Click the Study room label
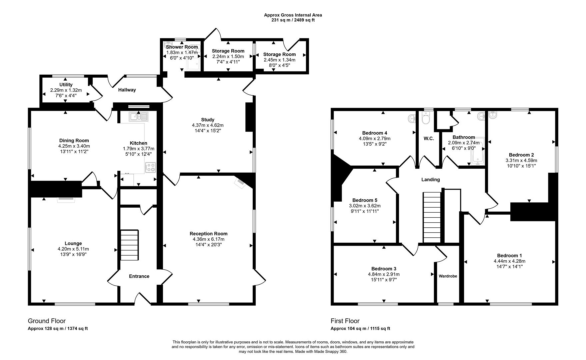[207, 120]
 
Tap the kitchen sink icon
[138, 116]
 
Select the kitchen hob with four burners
[151, 167]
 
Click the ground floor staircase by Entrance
[129, 245]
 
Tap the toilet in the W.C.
[426, 118]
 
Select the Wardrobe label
[448, 276]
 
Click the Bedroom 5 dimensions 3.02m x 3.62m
[364, 206]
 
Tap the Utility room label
[66, 85]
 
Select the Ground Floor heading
[47, 321]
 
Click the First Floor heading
[345, 321]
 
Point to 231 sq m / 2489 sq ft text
[293, 20]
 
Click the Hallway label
[127, 90]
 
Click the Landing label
[430, 180]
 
